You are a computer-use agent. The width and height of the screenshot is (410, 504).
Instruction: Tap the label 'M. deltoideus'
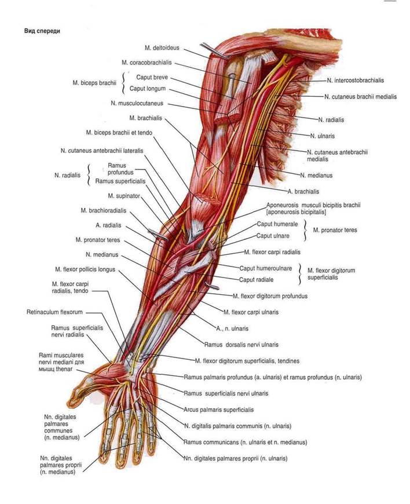pos(164,47)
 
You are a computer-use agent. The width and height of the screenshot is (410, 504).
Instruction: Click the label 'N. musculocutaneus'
pos(137,104)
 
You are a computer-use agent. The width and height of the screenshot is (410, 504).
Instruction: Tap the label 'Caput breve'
pos(152,77)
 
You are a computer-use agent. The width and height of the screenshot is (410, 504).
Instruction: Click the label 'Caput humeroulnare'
pos(265,268)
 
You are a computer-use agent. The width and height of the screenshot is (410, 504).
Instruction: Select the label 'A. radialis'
pos(107,225)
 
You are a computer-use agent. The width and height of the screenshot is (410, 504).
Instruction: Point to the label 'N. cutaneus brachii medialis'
pos(360,97)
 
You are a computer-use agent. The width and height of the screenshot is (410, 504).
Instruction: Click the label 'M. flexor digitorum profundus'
pos(269,295)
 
